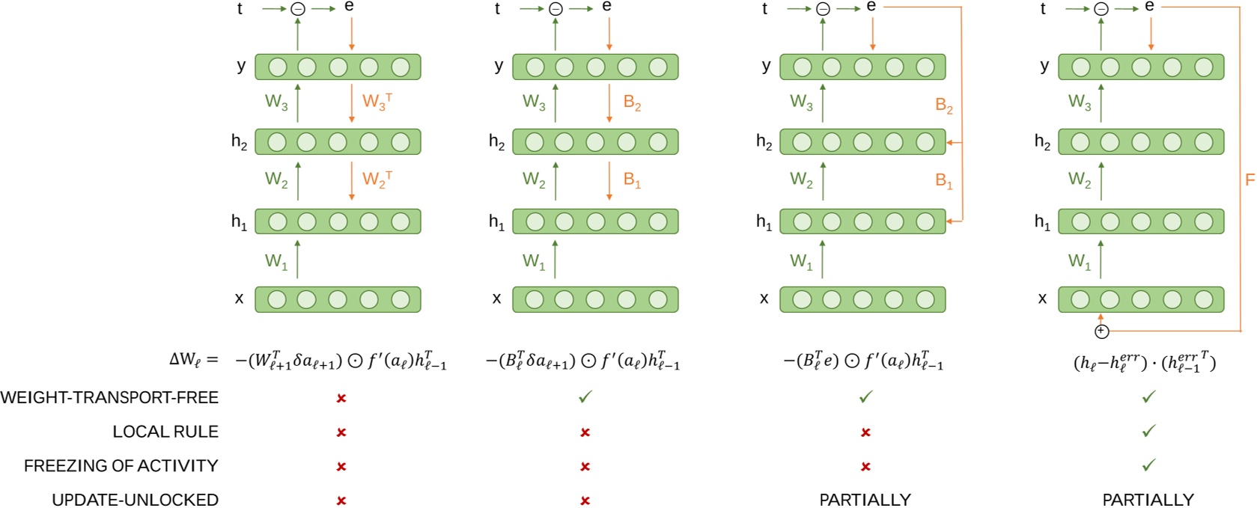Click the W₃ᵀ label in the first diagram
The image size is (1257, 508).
[x=377, y=102]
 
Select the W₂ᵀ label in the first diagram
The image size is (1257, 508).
[x=377, y=180]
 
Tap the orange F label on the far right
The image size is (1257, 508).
[x=1249, y=180]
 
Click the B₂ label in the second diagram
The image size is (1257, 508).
[x=632, y=103]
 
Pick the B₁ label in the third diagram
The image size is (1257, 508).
[x=943, y=180]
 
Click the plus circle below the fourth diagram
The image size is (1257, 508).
[x=1101, y=331]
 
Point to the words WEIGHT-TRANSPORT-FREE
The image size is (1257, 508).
[x=109, y=398]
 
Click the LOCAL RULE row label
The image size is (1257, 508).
[x=165, y=432]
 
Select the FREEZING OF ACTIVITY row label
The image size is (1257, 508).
[x=121, y=466]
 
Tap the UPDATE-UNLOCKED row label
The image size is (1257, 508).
[x=135, y=499]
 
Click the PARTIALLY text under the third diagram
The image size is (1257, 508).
[x=865, y=499]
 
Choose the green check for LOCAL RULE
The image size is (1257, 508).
[x=1148, y=431]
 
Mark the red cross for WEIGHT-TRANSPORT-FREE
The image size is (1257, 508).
[x=341, y=398]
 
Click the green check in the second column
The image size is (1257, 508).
[x=585, y=397]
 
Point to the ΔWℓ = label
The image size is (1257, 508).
[x=194, y=359]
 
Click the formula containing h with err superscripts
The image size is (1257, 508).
[x=1145, y=361]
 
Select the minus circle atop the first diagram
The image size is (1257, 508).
[x=298, y=9]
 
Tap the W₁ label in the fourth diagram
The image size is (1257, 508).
[x=1079, y=261]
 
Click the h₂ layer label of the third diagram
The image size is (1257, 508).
[x=764, y=141]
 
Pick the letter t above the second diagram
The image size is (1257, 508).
[x=497, y=9]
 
